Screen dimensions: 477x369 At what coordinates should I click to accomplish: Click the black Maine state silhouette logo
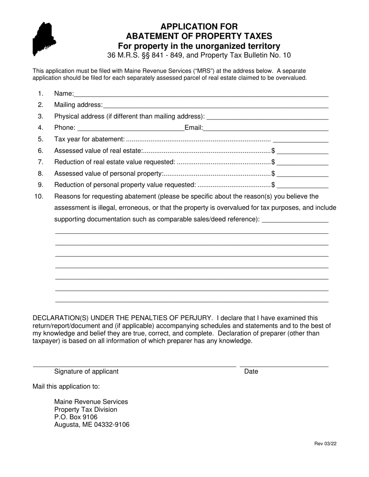(44, 39)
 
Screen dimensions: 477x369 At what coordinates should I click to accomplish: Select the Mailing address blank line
(216, 105)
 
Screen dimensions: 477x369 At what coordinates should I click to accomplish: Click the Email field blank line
(266, 128)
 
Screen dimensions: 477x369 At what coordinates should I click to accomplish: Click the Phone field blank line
(131, 128)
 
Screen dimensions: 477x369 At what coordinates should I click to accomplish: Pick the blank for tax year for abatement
(301, 139)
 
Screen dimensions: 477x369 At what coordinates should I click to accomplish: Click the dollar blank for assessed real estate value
(303, 151)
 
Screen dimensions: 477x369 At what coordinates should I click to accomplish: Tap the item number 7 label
(41, 162)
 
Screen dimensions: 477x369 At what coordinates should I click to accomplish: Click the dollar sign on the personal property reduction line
(273, 185)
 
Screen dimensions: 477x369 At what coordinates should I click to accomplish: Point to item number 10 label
(39, 196)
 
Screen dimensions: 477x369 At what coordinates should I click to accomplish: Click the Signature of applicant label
(86, 372)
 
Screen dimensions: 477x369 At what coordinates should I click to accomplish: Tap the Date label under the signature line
(251, 372)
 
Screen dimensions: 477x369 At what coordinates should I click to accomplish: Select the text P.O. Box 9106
(76, 417)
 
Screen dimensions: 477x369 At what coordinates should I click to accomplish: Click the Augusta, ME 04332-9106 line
(92, 425)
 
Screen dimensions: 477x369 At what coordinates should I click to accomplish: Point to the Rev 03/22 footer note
(325, 444)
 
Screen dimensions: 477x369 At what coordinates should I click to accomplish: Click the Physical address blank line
(268, 116)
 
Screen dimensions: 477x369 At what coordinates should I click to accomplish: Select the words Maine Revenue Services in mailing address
(91, 402)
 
